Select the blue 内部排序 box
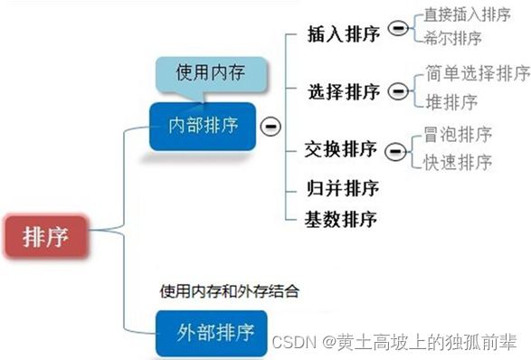click(204, 125)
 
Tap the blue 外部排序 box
click(214, 330)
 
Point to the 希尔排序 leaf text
click(452, 39)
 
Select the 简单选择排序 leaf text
click(477, 72)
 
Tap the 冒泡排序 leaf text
click(458, 135)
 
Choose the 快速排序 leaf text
click(458, 162)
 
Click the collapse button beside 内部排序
click(268, 127)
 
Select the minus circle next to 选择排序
click(396, 90)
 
